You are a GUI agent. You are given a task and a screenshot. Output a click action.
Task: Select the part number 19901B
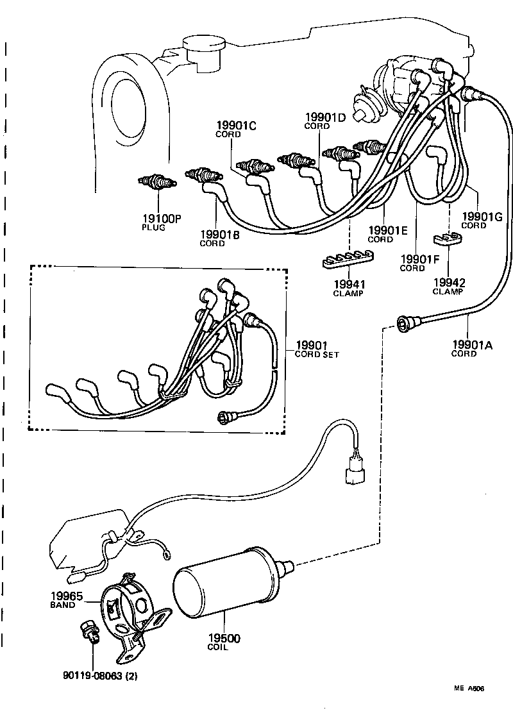(219, 235)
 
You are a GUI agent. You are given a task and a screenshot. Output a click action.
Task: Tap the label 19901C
(235, 126)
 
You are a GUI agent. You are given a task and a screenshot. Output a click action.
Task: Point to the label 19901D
(324, 117)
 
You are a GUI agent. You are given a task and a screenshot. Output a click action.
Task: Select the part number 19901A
(471, 345)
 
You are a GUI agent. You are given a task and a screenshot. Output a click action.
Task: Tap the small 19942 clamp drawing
(448, 240)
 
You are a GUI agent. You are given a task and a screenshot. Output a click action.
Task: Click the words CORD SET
(317, 355)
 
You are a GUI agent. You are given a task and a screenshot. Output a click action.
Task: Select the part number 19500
(225, 639)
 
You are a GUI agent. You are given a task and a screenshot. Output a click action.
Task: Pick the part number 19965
(67, 596)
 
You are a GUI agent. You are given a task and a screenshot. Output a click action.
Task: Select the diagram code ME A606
(469, 689)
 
